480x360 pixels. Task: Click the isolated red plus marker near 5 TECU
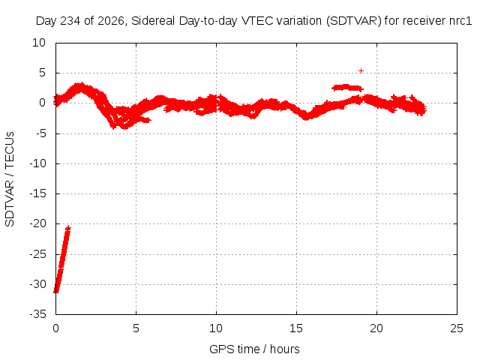(x=361, y=71)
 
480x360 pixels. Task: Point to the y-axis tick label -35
(x=38, y=314)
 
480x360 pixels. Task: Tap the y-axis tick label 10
(x=39, y=43)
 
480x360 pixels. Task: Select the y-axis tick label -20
(x=38, y=223)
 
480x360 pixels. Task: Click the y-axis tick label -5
(x=40, y=133)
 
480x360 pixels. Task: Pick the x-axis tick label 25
(x=457, y=328)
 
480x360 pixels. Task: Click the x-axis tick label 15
(x=296, y=328)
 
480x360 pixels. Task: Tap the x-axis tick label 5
(x=136, y=328)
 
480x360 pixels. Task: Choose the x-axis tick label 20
(x=376, y=328)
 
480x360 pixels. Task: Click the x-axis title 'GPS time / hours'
(x=254, y=349)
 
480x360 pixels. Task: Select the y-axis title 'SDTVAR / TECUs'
(x=10, y=179)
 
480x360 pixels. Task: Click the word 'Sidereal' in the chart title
(x=153, y=21)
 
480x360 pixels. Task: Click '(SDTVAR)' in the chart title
(x=354, y=21)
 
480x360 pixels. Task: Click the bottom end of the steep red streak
(x=55, y=292)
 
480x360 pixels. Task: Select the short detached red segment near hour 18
(x=347, y=88)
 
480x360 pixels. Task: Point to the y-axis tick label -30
(x=38, y=284)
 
